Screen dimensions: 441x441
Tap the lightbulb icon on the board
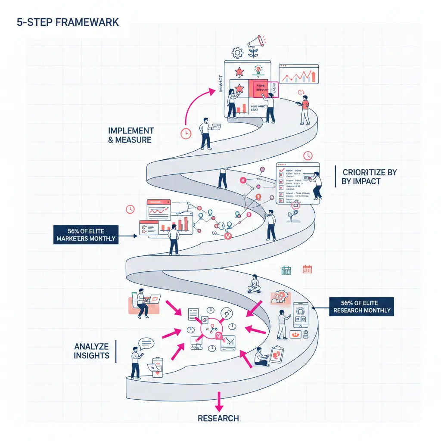258,69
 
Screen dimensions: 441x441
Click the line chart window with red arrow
298,74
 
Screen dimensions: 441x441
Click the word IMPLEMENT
131,130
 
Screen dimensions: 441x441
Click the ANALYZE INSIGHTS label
91,351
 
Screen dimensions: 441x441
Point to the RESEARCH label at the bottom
218,418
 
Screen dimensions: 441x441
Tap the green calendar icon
286,270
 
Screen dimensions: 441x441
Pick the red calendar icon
307,269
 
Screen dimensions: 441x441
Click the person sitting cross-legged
254,284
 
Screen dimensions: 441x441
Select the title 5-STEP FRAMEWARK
68,22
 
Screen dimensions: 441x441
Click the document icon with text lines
193,313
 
